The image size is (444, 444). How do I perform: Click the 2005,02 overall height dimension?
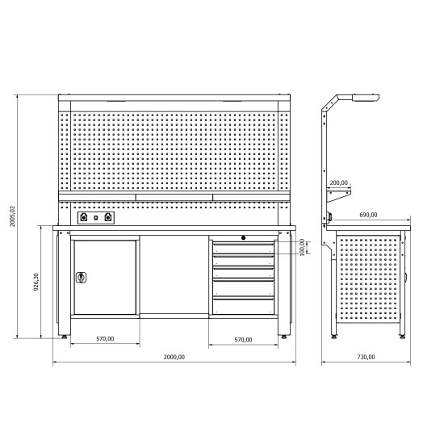[13, 216]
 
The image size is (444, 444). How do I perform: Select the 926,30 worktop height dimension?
[36, 282]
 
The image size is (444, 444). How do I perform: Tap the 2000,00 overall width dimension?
[174, 357]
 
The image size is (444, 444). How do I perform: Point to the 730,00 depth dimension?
[366, 357]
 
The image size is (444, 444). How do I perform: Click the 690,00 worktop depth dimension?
[368, 215]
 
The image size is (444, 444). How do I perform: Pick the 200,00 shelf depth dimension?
[339, 182]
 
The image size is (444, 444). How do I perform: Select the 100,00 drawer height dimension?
[302, 247]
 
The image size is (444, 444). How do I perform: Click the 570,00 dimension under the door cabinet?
[105, 339]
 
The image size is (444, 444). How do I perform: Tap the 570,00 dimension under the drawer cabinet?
[243, 340]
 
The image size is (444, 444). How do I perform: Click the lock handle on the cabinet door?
[81, 278]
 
